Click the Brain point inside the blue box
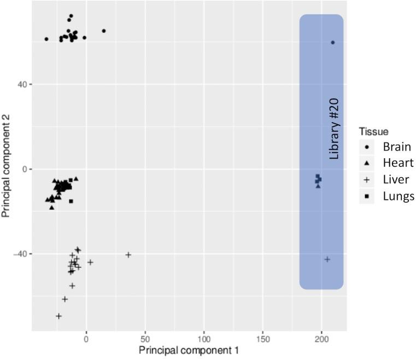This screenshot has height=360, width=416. click(332, 43)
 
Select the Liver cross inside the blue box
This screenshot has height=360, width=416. click(327, 259)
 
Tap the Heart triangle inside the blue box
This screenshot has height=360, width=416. click(318, 186)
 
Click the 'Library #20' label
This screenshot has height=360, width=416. click(334, 129)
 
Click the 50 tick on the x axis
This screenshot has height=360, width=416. click(145, 339)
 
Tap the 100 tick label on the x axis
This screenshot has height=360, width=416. click(204, 339)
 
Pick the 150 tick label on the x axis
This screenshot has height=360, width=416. click(263, 339)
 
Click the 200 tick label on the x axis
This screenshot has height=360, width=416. click(321, 339)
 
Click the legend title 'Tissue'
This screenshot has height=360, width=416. click(373, 132)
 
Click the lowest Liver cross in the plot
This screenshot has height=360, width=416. click(58, 316)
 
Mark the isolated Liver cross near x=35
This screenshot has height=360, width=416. click(128, 255)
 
